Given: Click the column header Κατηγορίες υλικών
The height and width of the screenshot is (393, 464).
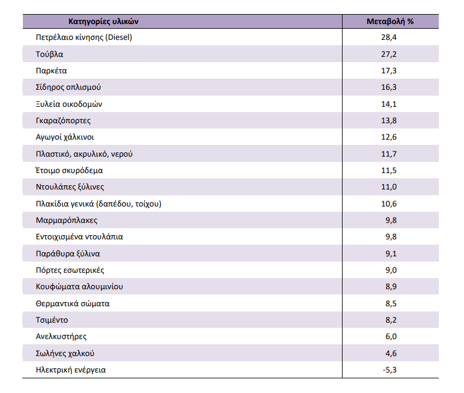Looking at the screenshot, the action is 103,22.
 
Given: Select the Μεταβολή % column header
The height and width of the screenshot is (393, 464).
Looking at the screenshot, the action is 390,22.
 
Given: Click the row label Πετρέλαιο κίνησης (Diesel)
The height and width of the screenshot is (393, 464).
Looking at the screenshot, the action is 84,38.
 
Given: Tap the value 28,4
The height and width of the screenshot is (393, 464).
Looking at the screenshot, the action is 389,38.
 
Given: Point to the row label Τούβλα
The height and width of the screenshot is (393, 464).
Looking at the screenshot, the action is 49,55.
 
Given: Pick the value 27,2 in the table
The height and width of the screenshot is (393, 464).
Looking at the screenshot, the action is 389,55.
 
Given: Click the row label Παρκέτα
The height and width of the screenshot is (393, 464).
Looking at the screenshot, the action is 51,71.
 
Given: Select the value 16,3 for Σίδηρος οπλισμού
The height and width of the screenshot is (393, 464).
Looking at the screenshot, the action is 389,87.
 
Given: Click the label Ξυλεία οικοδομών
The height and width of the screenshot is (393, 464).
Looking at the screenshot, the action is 69,104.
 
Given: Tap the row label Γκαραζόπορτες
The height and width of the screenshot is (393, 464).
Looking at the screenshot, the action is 63,121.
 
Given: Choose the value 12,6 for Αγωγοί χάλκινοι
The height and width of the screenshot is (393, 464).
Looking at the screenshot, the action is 389,137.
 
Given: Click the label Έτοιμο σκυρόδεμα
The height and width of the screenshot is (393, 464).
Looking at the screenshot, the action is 69,171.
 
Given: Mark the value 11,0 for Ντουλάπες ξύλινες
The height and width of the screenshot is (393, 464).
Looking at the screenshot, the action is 389,187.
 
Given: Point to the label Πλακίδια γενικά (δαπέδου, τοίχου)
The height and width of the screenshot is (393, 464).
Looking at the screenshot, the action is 99,204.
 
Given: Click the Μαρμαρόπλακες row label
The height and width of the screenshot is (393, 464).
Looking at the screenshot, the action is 67,221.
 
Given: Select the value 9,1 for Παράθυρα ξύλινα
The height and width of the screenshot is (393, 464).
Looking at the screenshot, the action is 391,253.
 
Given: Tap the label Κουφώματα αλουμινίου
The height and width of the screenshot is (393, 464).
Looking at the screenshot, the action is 79,287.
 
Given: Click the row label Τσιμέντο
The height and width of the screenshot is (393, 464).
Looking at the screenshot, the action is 52,320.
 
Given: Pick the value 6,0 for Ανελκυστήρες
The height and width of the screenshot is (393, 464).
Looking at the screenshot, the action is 391,337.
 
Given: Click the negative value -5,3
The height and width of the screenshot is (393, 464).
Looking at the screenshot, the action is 390,370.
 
